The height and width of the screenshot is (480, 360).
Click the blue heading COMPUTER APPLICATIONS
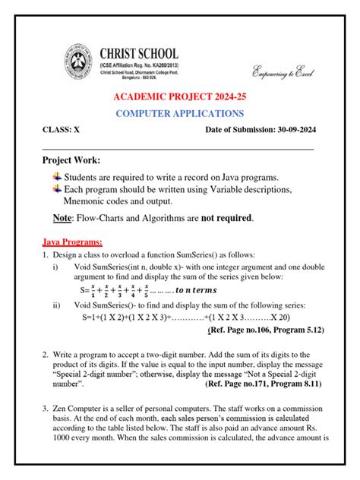(x=179, y=114)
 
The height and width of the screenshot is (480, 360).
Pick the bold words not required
(x=226, y=219)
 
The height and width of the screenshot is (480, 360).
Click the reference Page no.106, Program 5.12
(x=266, y=330)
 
